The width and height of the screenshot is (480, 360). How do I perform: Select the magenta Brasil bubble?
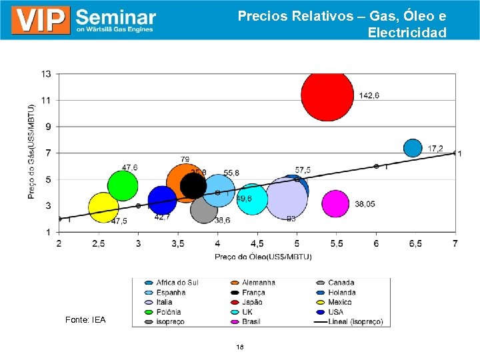(335, 204)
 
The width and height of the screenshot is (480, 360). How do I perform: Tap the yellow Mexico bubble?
(103, 208)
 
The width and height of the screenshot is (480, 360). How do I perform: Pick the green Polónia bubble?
(123, 185)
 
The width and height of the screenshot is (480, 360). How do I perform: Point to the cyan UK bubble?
(252, 199)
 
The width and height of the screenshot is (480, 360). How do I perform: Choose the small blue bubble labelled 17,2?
(413, 148)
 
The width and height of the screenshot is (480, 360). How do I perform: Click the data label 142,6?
(369, 96)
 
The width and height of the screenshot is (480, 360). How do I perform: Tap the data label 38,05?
(365, 204)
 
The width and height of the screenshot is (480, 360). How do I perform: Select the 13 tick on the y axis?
(47, 73)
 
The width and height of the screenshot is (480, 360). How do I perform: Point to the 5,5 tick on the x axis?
(336, 244)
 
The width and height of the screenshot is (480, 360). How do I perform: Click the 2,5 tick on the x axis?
(98, 244)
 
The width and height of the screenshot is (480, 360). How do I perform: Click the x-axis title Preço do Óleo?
(256, 256)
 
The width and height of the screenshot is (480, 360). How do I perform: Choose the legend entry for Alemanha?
(258, 283)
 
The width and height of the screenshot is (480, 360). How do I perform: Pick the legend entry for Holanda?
(341, 292)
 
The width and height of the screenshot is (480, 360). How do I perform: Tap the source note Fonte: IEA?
(85, 321)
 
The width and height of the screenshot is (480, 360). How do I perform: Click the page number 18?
(240, 347)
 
